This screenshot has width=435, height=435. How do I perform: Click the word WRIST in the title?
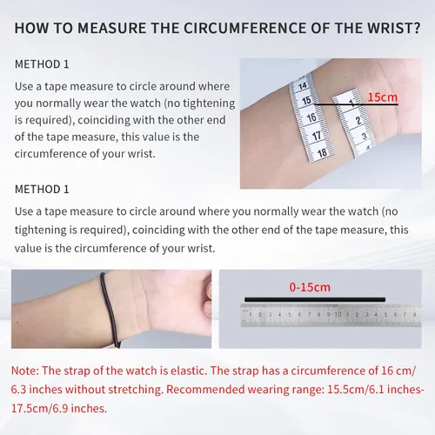(x=389, y=28)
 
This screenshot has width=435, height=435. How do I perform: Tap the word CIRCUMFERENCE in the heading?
(x=245, y=28)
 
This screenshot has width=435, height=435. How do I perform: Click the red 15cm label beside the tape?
(x=383, y=97)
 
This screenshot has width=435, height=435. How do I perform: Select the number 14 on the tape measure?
(x=303, y=86)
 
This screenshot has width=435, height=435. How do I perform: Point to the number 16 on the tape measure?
(x=311, y=117)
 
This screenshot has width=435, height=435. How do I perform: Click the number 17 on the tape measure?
(x=317, y=136)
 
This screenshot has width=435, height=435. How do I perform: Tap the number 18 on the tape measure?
(x=322, y=153)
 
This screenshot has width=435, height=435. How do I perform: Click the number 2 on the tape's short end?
(x=358, y=120)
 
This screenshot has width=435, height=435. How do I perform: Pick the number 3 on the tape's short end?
(x=365, y=136)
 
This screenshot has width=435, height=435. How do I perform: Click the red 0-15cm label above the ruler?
(x=310, y=287)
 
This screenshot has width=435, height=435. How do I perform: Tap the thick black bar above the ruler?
(x=315, y=299)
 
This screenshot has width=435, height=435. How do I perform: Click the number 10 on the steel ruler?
(x=338, y=314)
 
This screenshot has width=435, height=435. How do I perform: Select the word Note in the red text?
(x=23, y=371)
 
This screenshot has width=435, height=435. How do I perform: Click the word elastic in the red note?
(x=189, y=371)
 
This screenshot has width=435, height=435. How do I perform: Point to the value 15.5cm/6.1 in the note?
(x=357, y=390)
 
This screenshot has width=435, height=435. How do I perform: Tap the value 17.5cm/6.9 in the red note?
(x=40, y=408)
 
